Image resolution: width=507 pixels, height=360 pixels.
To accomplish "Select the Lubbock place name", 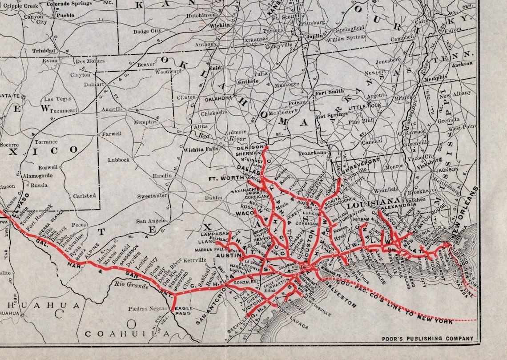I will (x=118, y=160).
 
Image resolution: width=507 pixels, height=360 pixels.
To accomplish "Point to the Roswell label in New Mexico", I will (x=48, y=168).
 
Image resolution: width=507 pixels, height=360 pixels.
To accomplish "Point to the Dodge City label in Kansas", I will (x=147, y=31).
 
